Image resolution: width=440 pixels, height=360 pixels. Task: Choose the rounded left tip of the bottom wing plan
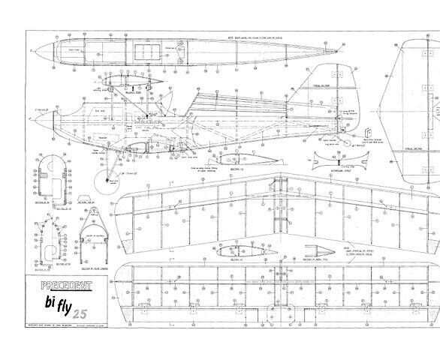pos(128,288)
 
